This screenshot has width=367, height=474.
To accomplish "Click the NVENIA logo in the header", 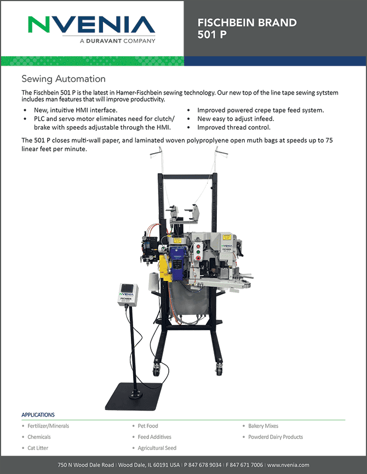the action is [91, 25].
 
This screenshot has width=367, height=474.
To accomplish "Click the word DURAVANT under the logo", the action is [104, 41].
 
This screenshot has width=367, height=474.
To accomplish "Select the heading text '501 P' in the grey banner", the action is [212, 34].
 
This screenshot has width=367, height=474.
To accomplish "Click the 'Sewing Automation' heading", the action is [64, 79].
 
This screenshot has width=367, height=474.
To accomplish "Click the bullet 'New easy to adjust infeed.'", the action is [236, 119].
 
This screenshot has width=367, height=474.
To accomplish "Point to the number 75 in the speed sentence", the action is [329, 141].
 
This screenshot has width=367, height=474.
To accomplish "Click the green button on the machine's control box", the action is [198, 251].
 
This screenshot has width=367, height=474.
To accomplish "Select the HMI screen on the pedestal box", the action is [127, 288].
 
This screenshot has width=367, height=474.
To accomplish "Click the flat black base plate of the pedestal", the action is [134, 396].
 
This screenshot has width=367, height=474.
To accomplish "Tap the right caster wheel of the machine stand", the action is [219, 370].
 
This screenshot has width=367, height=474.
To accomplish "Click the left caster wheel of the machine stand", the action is [156, 370].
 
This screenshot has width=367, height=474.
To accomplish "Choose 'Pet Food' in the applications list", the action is [148, 426].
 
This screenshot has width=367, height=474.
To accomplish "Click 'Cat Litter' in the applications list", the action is [38, 448].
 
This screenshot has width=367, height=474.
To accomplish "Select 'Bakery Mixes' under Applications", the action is [263, 426].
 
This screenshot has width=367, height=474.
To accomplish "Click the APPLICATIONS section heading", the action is [38, 415].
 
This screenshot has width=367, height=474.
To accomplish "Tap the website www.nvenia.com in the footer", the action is [288, 465].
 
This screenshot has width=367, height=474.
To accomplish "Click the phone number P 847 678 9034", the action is [203, 465].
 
